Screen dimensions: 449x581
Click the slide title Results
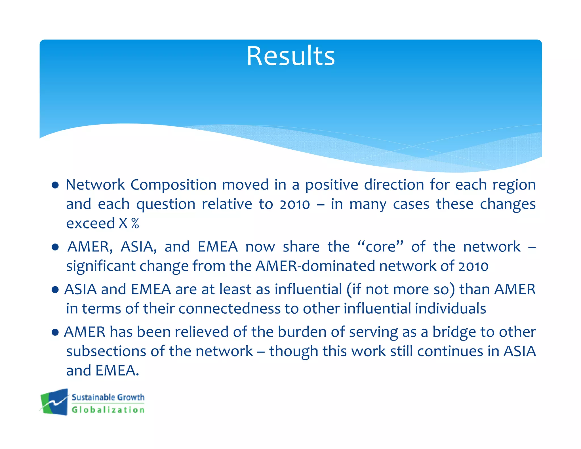pyautogui.click(x=290, y=56)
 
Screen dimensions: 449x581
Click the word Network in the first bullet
pyautogui.click(x=95, y=185)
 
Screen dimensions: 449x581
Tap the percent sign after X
pyautogui.click(x=135, y=223)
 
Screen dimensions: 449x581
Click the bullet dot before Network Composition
pyautogui.click(x=55, y=186)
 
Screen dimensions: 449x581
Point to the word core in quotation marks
pyautogui.click(x=380, y=247)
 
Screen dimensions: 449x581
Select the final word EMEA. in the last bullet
pyautogui.click(x=117, y=371)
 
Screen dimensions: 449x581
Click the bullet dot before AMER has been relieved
pyautogui.click(x=55, y=332)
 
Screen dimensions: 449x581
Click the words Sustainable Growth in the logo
pyautogui.click(x=108, y=397)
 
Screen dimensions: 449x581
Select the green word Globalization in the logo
pyautogui.click(x=108, y=410)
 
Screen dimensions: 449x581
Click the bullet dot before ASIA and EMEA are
pyautogui.click(x=55, y=290)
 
